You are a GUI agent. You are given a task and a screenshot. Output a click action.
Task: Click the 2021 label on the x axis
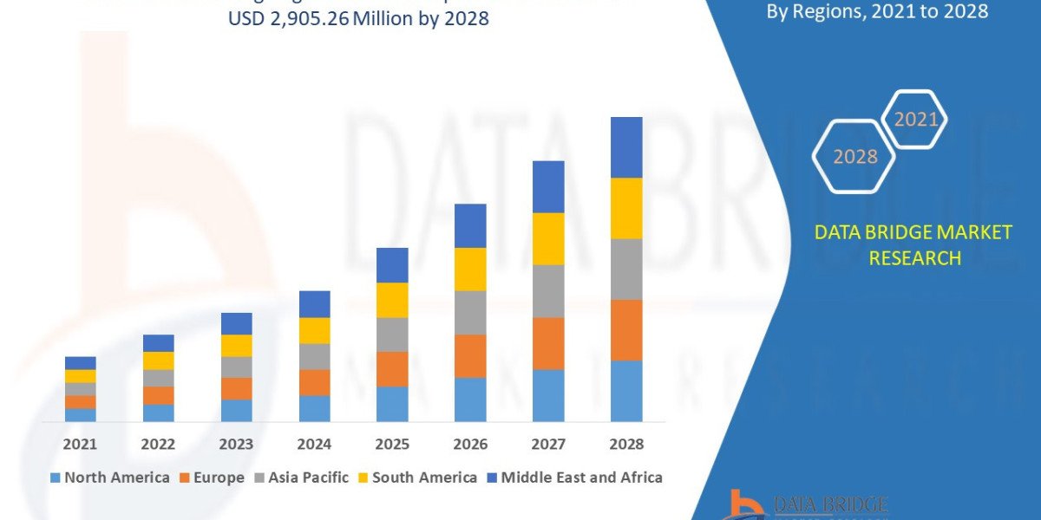pyautogui.click(x=80, y=444)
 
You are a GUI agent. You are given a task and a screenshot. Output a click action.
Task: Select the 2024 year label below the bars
pyautogui.click(x=314, y=444)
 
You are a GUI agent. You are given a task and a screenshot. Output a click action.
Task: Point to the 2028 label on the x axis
pyautogui.click(x=626, y=444)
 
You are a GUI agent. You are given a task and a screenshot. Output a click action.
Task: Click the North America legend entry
pyautogui.click(x=110, y=478)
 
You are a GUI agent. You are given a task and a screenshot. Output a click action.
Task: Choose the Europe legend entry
pyautogui.click(x=211, y=478)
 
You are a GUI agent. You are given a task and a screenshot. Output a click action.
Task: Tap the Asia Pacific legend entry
pyautogui.click(x=301, y=478)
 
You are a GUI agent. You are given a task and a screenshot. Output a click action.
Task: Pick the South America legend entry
pyautogui.click(x=416, y=478)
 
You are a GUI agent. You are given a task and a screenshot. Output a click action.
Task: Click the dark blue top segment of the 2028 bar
pyautogui.click(x=626, y=147)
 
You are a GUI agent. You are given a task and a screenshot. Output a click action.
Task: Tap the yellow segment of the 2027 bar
pyautogui.click(x=548, y=238)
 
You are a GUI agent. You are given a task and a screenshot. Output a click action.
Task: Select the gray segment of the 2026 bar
pyautogui.click(x=470, y=312)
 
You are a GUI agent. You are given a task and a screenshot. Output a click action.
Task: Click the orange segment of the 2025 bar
pyautogui.click(x=392, y=368)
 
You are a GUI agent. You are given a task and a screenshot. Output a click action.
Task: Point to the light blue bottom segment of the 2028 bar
pyautogui.click(x=626, y=391)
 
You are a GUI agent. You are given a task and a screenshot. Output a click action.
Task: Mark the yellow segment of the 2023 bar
pyautogui.click(x=236, y=345)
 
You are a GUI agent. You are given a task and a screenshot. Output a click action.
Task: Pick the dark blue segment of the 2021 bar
pyautogui.click(x=80, y=362)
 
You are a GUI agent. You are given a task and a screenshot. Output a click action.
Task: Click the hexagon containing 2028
pyautogui.click(x=854, y=157)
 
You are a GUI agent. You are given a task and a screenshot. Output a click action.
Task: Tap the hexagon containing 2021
pyautogui.click(x=915, y=119)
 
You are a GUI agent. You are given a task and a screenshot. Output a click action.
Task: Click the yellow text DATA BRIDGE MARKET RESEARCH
pyautogui.click(x=913, y=245)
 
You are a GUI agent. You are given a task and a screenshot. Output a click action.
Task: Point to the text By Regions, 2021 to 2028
pyautogui.click(x=878, y=11)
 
